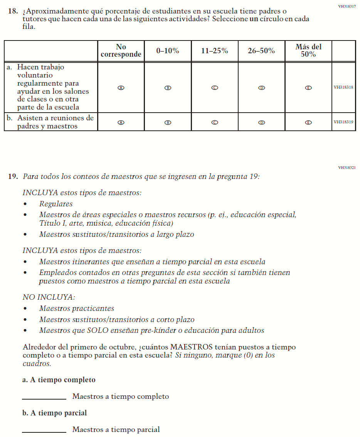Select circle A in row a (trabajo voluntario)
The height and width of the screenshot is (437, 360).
121,88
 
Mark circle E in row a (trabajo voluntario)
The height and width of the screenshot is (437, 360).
308,88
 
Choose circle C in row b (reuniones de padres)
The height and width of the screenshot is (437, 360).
215,123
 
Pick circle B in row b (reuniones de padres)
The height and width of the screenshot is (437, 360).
168,123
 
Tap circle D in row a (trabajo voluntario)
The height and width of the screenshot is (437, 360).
262,88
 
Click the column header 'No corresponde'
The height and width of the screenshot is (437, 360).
121,51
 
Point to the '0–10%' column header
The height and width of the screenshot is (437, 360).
168,51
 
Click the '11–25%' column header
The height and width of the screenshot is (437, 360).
215,51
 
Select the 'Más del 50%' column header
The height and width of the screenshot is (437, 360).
308,51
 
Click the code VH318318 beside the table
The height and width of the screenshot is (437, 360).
343,87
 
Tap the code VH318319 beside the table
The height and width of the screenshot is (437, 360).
343,122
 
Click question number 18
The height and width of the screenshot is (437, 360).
13,12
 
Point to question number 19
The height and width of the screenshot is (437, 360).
13,177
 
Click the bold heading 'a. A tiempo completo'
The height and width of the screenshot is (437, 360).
59,380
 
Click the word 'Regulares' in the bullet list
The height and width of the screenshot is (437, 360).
56,204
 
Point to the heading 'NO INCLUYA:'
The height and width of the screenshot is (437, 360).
49,297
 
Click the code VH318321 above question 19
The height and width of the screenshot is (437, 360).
347,168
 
